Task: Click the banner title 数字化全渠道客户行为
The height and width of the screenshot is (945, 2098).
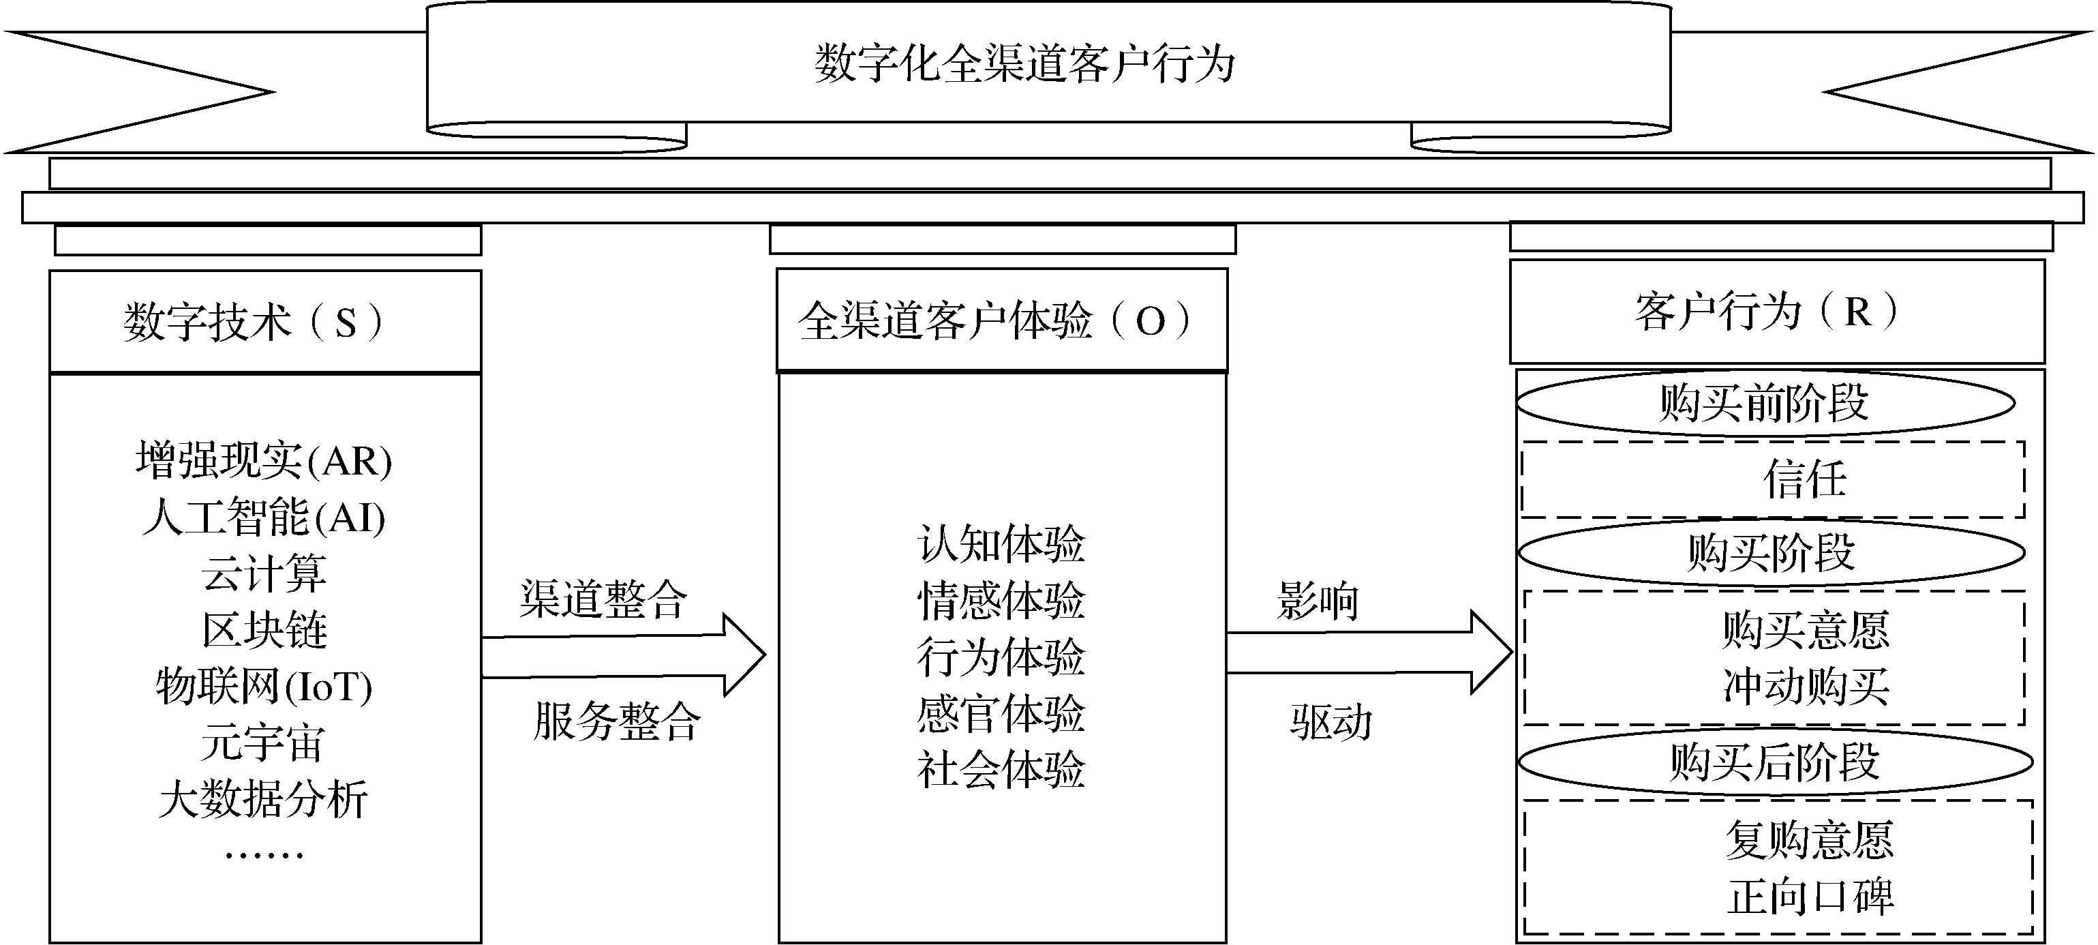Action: coord(1024,63)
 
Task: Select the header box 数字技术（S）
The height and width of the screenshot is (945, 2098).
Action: coord(266,322)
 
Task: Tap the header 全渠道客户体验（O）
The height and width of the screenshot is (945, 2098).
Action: coord(1002,320)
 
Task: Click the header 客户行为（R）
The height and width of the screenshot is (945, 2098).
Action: coord(1777,311)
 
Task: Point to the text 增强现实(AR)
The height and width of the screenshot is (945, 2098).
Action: coord(264,460)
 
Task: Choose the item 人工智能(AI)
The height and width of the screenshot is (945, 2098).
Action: coord(264,517)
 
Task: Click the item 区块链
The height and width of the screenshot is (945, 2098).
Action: coord(264,630)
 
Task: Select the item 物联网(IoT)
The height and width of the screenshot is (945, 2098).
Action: coord(264,686)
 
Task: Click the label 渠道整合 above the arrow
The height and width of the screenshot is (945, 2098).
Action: coord(603,599)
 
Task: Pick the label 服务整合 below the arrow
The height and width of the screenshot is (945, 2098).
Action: coord(617,721)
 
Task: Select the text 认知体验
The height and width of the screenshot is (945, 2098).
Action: coord(1001,543)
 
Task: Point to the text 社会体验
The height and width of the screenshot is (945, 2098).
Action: coord(1001,769)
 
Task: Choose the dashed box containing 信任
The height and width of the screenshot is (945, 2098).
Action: coord(1773,480)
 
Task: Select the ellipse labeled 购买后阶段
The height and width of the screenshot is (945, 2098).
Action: coord(1776,762)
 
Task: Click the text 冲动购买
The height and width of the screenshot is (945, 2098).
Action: coord(1806,686)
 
